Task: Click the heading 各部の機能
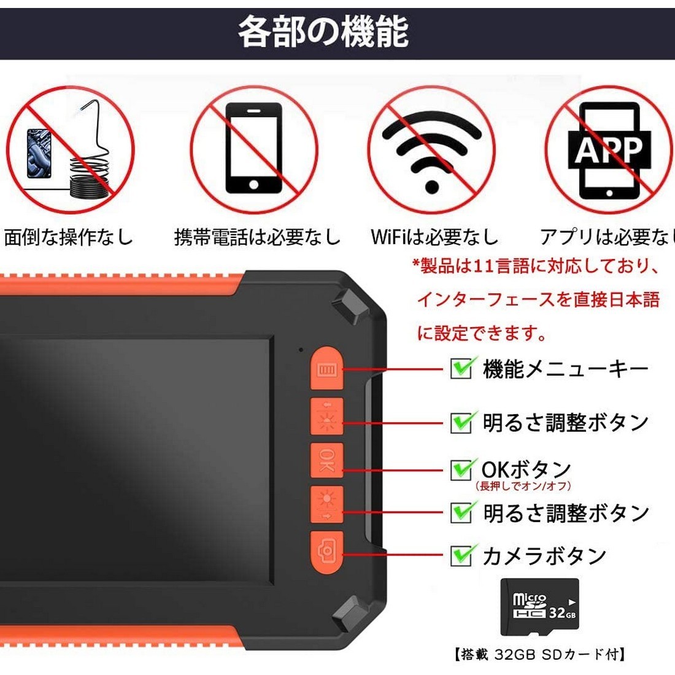[323, 32]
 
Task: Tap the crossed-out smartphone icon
[253, 149]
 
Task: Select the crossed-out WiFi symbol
[432, 149]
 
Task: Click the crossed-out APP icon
[609, 150]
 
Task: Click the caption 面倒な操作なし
[68, 237]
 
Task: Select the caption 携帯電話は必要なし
[257, 237]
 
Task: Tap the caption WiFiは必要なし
[434, 237]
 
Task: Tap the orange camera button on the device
[326, 550]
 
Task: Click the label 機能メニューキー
[565, 369]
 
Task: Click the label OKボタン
[526, 469]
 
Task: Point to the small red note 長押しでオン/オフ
[523, 486]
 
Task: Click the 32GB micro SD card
[539, 606]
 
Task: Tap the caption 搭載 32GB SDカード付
[540, 655]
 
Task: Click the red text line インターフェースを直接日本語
[538, 299]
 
